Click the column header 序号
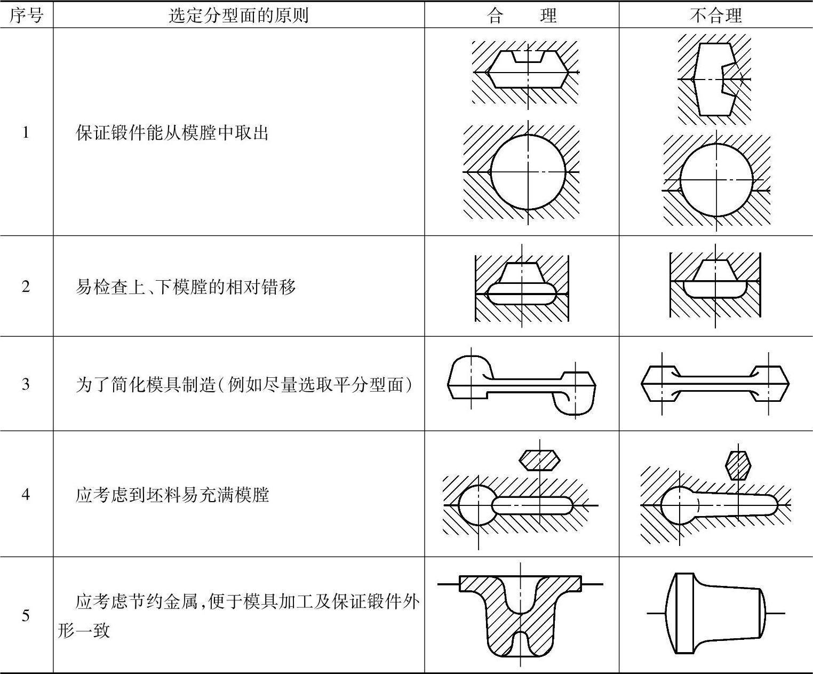coord(26,15)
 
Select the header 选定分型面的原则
coord(238,15)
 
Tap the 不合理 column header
coord(715,15)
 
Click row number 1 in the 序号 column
coord(26,132)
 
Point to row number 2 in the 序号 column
coord(26,287)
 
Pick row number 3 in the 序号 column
coord(26,384)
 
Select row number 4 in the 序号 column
coord(26,494)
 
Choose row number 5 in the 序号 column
coord(26,616)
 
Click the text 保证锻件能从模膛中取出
coord(172,132)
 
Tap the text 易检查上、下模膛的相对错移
coord(186,287)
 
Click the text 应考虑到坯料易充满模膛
coord(172,495)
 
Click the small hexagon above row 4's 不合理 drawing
coord(738,463)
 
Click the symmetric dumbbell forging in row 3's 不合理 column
coord(715,383)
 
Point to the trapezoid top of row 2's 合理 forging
coord(521,273)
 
